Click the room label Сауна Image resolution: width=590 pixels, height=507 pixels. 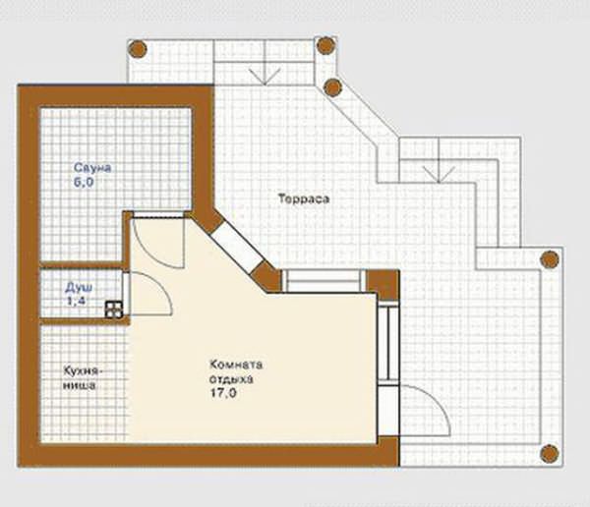click(92, 168)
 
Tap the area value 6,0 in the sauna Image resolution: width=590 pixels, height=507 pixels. click(84, 183)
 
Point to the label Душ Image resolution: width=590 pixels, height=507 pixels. click(79, 288)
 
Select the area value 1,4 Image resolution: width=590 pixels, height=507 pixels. click(77, 301)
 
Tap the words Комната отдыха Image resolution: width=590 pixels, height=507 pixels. click(236, 371)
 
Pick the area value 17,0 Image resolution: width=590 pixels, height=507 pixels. click(223, 393)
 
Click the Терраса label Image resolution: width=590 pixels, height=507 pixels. click(304, 198)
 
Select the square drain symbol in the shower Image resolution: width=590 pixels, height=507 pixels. click(114, 310)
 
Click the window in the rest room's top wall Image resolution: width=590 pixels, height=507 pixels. click(323, 281)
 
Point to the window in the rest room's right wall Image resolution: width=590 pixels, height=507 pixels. click(388, 342)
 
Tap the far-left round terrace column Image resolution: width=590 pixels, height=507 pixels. click(138, 49)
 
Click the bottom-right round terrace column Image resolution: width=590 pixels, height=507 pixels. click(550, 454)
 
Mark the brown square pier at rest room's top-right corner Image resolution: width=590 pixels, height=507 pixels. click(383, 285)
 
